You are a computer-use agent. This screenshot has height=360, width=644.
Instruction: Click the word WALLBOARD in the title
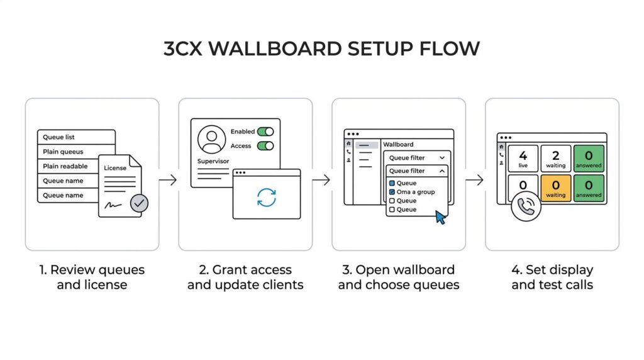[x=275, y=48]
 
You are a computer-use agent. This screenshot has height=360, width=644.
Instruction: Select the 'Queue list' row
[x=76, y=137]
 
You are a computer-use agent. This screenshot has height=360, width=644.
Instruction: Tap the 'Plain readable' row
[x=68, y=166]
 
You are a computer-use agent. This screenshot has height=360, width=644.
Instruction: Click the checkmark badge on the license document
[x=139, y=203]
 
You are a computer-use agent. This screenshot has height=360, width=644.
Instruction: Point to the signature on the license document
[x=113, y=205]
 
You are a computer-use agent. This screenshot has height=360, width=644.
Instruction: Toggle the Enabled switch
[x=265, y=132]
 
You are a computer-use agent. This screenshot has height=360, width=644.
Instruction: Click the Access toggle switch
[x=265, y=146]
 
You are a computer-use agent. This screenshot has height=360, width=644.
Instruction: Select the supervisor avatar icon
[x=211, y=139]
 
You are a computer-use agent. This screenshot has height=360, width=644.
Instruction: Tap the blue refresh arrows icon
[x=267, y=197]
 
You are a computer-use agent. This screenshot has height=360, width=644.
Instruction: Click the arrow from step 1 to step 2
[x=168, y=179]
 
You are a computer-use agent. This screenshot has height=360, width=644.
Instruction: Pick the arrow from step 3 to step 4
[x=475, y=179]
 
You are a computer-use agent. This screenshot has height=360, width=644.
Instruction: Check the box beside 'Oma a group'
[x=392, y=192]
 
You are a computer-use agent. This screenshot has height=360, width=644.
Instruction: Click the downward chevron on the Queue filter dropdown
[x=442, y=158]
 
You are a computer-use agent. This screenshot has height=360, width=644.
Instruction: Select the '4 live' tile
[x=523, y=158]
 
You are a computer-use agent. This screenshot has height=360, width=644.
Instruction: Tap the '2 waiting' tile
[x=556, y=158]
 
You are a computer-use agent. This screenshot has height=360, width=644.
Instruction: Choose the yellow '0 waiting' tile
[x=556, y=188]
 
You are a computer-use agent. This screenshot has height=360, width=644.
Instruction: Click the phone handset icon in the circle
[x=526, y=206]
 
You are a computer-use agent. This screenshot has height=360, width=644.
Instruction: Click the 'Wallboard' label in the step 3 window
[x=398, y=145]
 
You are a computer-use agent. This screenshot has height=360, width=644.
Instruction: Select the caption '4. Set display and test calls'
[x=552, y=277]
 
